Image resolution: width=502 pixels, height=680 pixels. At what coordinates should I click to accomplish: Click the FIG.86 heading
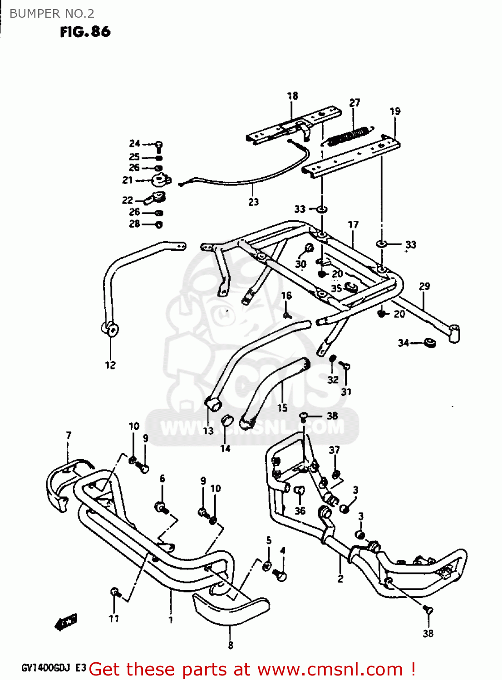pos(85,32)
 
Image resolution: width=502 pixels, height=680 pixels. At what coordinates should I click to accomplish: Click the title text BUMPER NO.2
pos(52,14)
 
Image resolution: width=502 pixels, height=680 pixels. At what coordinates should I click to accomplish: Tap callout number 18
pos(293,96)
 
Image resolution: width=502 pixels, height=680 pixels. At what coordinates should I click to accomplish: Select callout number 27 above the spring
pos(354,103)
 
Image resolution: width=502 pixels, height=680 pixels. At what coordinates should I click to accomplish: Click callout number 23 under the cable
pos(253,202)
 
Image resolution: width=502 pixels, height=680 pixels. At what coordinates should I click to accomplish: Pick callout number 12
pos(110,365)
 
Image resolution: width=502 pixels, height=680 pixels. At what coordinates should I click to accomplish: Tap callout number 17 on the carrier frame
pos(353,224)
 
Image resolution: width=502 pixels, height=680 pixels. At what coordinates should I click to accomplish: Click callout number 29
pos(424,287)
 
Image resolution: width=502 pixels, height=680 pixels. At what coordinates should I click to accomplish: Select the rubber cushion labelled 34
pos(429,343)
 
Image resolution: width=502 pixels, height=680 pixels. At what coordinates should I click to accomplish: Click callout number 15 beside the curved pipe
pos(282,408)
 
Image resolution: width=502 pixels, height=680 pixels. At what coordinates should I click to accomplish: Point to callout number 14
pos(226,448)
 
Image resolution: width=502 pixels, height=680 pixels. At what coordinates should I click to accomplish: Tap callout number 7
pos(69,435)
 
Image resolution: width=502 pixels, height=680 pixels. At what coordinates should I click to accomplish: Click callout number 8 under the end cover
pos(231,645)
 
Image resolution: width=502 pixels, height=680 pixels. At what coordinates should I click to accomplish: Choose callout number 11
pos(114,618)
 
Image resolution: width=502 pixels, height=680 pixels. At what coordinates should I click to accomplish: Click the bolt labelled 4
pos(281,576)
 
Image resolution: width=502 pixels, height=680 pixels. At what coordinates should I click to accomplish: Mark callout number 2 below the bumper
pos(340,578)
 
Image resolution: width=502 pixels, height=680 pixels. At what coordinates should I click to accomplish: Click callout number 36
pos(300,511)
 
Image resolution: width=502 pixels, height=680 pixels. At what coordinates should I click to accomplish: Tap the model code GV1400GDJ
pos(47,668)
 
